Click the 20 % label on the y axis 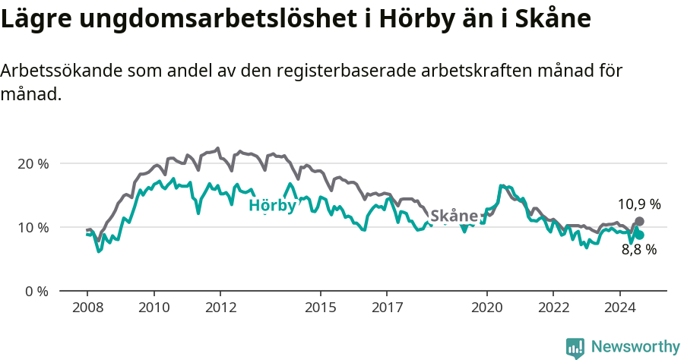pos(33,163)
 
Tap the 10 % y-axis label pos(33,227)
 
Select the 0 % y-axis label pos(36,291)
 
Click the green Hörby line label pos(272,205)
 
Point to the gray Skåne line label pos(454,216)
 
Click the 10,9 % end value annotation pos(638,204)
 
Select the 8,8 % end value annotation pos(638,249)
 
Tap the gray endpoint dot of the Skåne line pos(639,221)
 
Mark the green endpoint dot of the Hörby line pos(639,235)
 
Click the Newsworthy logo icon pos(575,348)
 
